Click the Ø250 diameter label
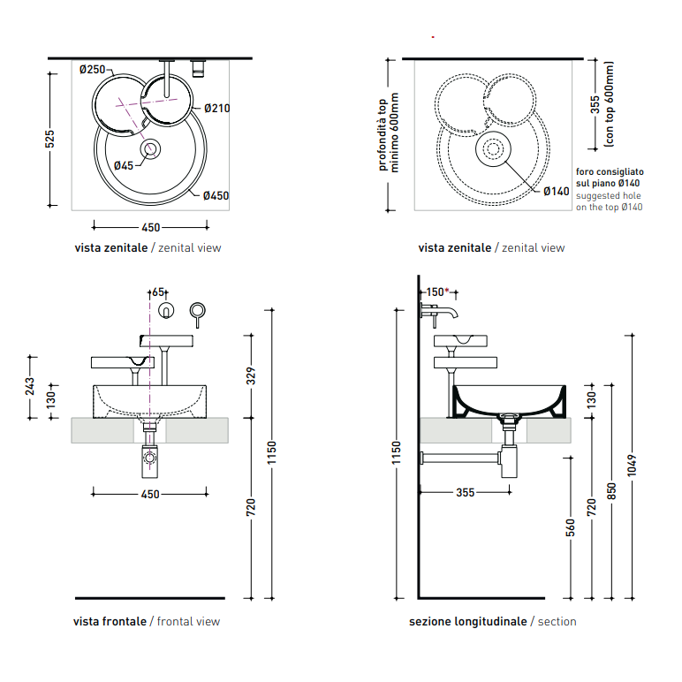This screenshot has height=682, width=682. point(92,70)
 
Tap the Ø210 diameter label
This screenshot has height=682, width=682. point(217,109)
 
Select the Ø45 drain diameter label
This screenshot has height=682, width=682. point(124,166)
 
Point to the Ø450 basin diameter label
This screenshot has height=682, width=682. point(216,196)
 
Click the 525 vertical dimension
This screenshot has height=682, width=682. point(50,139)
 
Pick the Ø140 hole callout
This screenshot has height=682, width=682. point(557,192)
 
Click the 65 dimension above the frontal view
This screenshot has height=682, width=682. point(158,292)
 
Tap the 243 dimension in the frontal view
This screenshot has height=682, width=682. point(29,387)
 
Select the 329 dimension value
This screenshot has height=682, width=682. point(251,375)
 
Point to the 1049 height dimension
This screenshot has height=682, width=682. point(632,466)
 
